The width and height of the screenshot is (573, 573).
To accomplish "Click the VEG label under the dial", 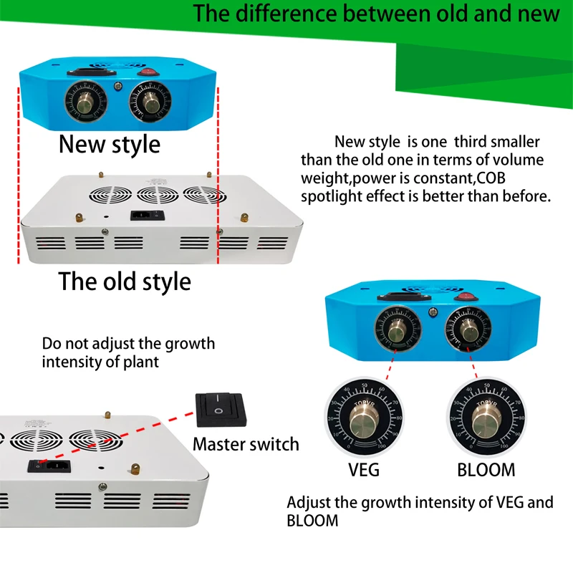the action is [364, 470].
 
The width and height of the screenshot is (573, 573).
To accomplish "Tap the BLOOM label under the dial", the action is [486, 470].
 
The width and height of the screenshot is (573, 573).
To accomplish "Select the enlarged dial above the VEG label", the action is [364, 418].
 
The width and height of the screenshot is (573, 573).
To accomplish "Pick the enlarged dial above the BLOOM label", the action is [484, 418].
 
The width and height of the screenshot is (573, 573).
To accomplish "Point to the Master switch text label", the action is [246, 444].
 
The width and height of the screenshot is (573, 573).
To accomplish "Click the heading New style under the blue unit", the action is [110, 144].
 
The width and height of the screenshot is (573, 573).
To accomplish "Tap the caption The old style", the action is [125, 281].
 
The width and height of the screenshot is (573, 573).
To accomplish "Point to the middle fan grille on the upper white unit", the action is [158, 193].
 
